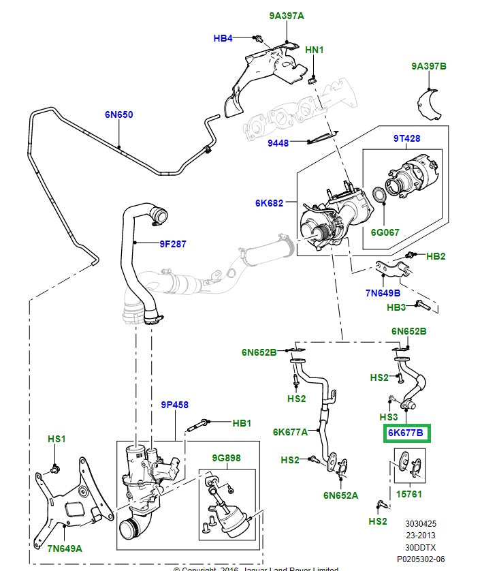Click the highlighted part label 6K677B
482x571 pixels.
pyautogui.click(x=405, y=433)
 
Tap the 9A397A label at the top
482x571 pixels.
pyautogui.click(x=286, y=15)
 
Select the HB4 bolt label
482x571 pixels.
pyautogui.click(x=223, y=38)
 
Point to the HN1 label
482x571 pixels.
pyautogui.click(x=315, y=50)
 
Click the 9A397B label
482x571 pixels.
pyautogui.click(x=429, y=66)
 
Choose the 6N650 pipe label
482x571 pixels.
pyautogui.click(x=118, y=115)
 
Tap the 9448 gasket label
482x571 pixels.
pyautogui.click(x=278, y=143)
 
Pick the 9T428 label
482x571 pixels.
pyautogui.click(x=406, y=138)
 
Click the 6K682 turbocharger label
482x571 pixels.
pyautogui.click(x=270, y=202)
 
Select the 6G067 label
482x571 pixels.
pyautogui.click(x=385, y=232)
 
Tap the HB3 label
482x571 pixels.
pyautogui.click(x=397, y=307)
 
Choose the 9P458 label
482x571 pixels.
pyautogui.click(x=174, y=404)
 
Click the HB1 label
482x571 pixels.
pyautogui.click(x=242, y=423)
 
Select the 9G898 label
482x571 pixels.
pyautogui.click(x=227, y=459)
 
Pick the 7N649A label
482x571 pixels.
pyautogui.click(x=64, y=548)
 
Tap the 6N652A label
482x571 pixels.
pyautogui.click(x=340, y=495)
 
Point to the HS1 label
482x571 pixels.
pyautogui.click(x=57, y=439)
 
